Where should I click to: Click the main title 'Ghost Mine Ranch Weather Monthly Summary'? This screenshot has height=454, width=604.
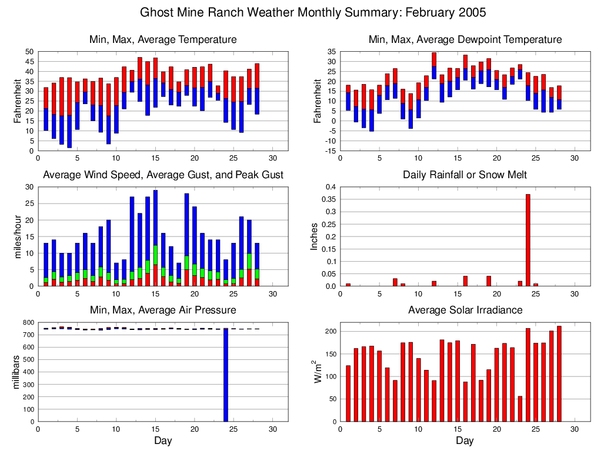click(x=313, y=12)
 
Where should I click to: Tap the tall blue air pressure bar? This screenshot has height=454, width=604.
click(x=225, y=373)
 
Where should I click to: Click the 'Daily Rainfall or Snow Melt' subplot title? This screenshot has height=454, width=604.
click(x=465, y=175)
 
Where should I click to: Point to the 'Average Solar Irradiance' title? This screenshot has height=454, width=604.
click(x=465, y=310)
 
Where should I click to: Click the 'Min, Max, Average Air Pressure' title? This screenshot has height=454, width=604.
click(x=162, y=310)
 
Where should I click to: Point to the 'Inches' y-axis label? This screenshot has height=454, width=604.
click(x=314, y=236)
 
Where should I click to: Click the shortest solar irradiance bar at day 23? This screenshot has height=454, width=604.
click(x=520, y=409)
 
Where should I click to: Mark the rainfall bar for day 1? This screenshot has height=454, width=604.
click(x=348, y=285)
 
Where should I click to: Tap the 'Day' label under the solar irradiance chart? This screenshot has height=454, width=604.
click(x=465, y=441)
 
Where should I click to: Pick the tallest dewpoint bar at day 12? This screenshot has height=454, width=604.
click(x=434, y=66)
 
